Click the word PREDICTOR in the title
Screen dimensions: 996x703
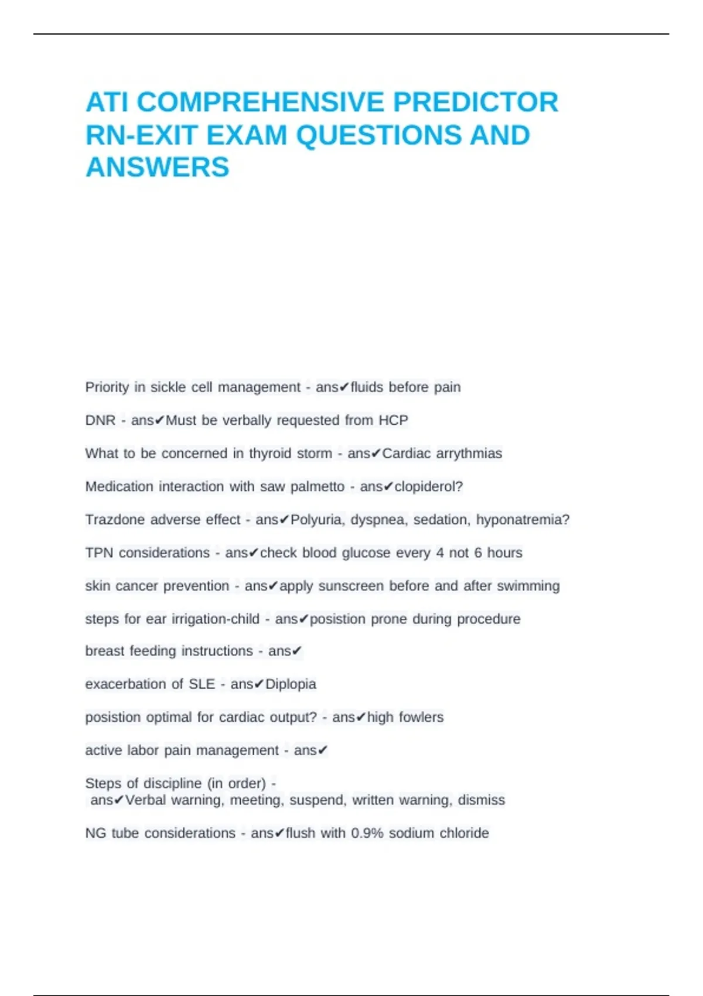tap(475, 103)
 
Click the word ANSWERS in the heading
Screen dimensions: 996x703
tap(157, 168)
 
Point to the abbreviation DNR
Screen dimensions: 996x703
tap(100, 421)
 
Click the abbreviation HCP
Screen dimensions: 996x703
tap(393, 421)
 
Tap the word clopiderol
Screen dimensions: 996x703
tap(426, 487)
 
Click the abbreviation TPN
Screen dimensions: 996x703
tap(98, 553)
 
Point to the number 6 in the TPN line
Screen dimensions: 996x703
tap(478, 553)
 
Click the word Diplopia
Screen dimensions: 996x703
tap(291, 684)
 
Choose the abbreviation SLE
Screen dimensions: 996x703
tap(202, 684)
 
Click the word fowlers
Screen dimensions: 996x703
tap(421, 718)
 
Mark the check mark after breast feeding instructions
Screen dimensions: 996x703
tap(297, 652)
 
